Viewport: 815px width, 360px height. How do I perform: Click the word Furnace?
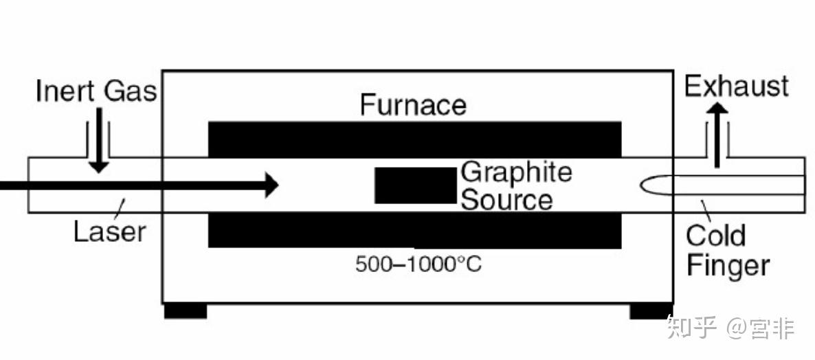413,105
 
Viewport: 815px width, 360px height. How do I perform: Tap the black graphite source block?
415,185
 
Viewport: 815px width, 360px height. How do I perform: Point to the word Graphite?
516,172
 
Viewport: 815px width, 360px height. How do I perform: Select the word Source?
506,200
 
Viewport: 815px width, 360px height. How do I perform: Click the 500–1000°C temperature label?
418,264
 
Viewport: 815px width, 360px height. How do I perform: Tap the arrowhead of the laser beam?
271,184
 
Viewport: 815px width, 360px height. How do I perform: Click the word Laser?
110,232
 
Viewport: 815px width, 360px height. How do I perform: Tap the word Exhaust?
737,87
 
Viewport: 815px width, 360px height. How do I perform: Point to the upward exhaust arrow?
717,134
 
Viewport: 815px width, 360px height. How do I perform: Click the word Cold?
715,236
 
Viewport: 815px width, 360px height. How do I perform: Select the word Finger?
728,265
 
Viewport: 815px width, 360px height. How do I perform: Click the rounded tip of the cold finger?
646,185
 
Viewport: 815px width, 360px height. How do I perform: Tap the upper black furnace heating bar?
414,139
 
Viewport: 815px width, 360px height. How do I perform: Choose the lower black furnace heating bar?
414,229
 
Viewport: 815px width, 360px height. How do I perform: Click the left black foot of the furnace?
186,311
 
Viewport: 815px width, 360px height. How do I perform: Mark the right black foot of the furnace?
651,311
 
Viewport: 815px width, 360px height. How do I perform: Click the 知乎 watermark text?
691,328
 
